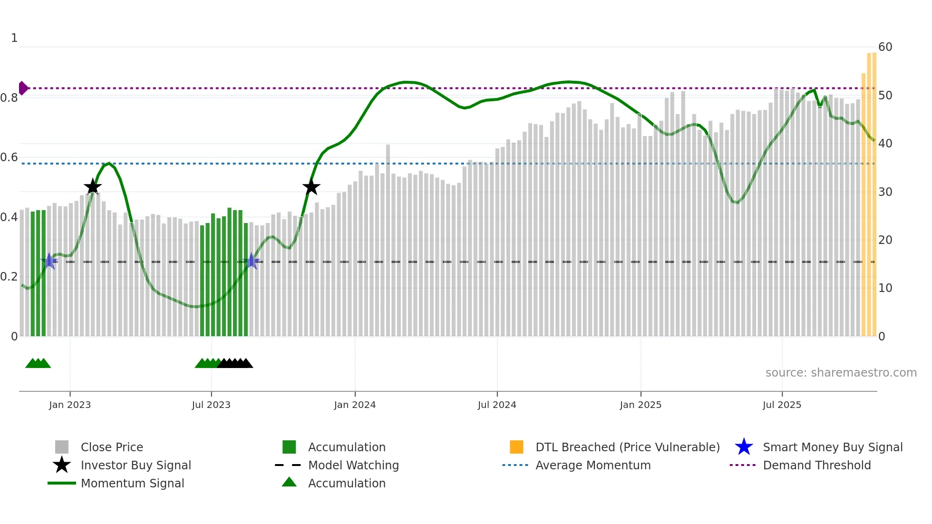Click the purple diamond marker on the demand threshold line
click(23, 88)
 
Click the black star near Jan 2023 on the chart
click(92, 186)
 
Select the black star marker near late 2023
click(311, 187)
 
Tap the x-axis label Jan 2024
click(355, 405)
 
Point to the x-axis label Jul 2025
click(782, 405)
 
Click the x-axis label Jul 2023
click(211, 405)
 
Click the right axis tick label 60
click(885, 47)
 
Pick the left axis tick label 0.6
click(9, 157)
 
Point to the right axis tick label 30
click(885, 192)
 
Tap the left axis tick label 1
click(14, 38)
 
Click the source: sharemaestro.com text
click(841, 373)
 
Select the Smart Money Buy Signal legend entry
click(832, 447)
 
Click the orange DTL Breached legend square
click(516, 447)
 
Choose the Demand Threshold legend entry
click(816, 466)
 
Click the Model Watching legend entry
click(353, 466)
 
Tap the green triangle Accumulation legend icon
click(289, 483)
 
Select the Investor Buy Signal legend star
click(62, 465)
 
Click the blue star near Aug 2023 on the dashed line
click(252, 261)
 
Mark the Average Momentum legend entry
click(592, 466)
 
